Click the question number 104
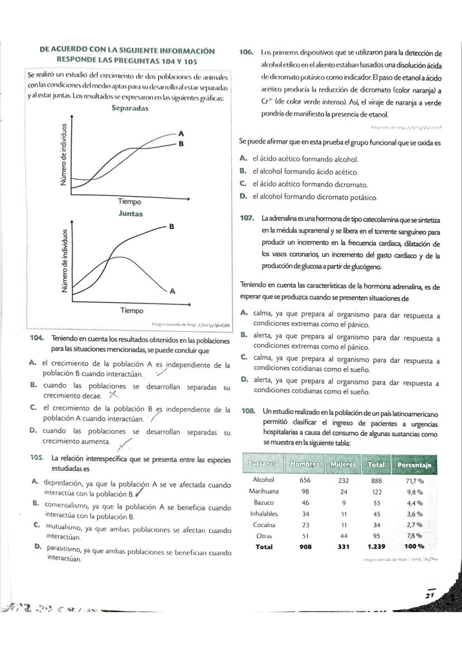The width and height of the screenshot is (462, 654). coord(40,339)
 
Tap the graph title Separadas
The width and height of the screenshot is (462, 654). coord(129,108)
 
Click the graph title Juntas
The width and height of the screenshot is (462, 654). coord(131,214)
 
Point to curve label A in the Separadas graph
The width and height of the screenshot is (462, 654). coord(180,133)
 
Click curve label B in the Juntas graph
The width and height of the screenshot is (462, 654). coord(172,227)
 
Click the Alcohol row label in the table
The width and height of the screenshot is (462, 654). coord(264,480)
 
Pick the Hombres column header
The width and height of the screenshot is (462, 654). coord(304,464)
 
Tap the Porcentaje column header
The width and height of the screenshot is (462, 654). coord(415,464)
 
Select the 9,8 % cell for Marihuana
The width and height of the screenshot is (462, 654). coord(414,491)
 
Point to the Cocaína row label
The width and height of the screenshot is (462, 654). coord(264,524)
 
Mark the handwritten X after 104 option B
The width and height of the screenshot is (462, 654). coord(115,395)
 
